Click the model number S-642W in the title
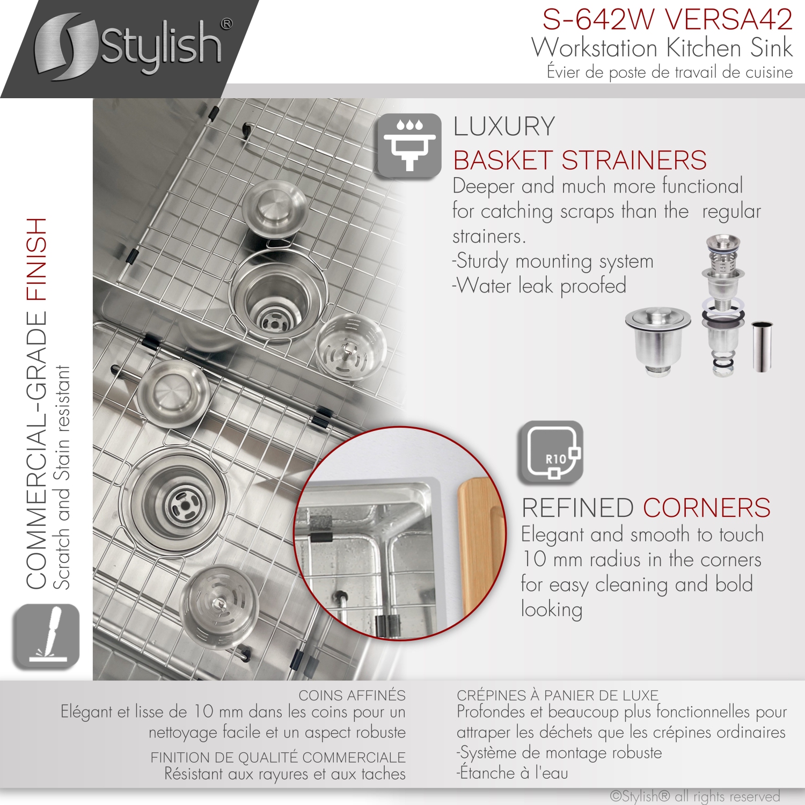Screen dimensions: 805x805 (598, 19)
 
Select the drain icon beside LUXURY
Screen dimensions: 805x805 (409, 145)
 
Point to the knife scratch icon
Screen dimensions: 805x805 (46, 636)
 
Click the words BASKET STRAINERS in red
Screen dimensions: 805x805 (580, 160)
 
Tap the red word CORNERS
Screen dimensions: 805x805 (707, 508)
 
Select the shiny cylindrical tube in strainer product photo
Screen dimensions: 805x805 (762, 346)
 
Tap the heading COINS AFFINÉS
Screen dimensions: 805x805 (352, 696)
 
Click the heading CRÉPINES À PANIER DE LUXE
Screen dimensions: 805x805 (557, 696)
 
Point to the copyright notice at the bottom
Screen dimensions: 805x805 (695, 796)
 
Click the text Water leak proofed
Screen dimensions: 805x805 (539, 286)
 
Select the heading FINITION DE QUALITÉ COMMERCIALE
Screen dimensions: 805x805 (278, 757)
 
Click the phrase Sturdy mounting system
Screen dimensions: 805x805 (553, 261)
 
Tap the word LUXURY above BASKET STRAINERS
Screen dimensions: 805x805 (504, 127)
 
